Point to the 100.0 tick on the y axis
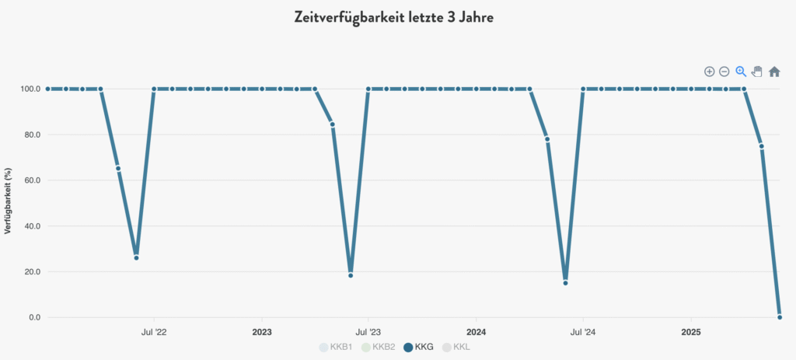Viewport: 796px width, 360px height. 30,89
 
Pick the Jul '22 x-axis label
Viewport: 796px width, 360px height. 153,332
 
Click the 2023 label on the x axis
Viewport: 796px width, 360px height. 262,332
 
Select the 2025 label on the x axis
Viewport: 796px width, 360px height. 691,332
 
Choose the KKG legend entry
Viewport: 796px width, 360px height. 418,347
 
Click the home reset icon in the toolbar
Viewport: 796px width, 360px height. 774,72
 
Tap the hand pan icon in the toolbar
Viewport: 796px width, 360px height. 757,72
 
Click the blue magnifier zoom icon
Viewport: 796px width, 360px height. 741,72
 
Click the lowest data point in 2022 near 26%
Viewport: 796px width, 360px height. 136,257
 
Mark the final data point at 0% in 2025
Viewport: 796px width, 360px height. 780,317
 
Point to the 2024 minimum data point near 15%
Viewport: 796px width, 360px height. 565,283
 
